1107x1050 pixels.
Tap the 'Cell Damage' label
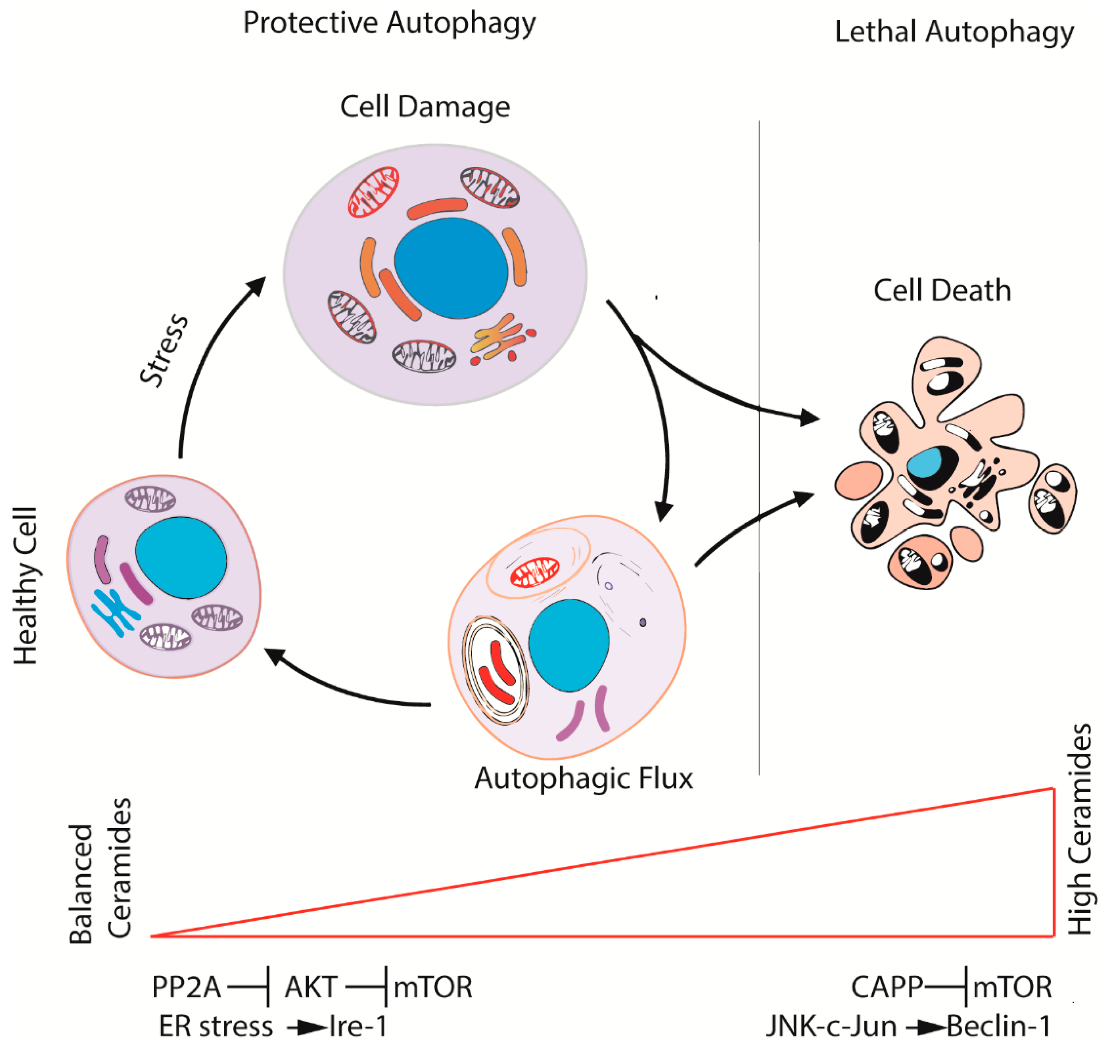pos(425,106)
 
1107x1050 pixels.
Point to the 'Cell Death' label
pos(942,291)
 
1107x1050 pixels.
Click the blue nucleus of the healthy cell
pos(181,558)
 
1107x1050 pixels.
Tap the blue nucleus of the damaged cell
pos(451,268)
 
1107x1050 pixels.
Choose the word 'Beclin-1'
pos(998,1026)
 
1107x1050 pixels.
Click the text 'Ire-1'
pos(358,1026)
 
